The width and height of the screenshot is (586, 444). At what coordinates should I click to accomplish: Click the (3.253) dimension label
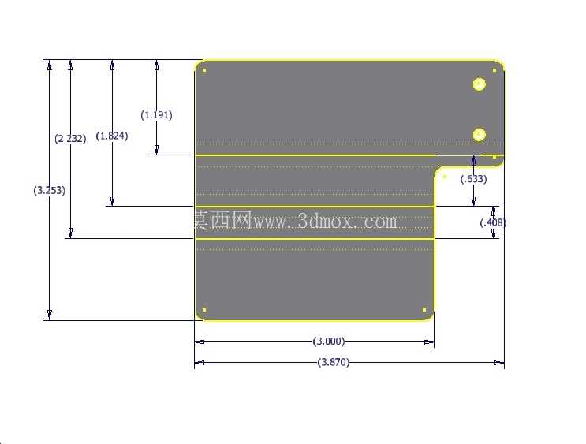pos(50,190)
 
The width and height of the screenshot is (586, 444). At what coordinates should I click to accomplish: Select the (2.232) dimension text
pos(70,139)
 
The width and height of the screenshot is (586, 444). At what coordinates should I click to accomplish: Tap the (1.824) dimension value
pos(112,136)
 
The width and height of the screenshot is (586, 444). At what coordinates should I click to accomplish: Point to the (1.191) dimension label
pos(157,114)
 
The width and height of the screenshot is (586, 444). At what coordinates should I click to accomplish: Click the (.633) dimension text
pos(473,179)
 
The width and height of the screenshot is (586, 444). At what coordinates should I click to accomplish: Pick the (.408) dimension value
pos(493,222)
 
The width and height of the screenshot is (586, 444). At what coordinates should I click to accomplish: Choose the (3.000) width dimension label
pos(329,341)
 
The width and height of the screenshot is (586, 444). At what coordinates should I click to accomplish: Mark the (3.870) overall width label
pos(334,362)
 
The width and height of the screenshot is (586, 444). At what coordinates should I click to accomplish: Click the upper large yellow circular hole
pos(479,84)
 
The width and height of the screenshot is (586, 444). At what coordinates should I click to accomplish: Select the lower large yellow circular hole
pos(479,135)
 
